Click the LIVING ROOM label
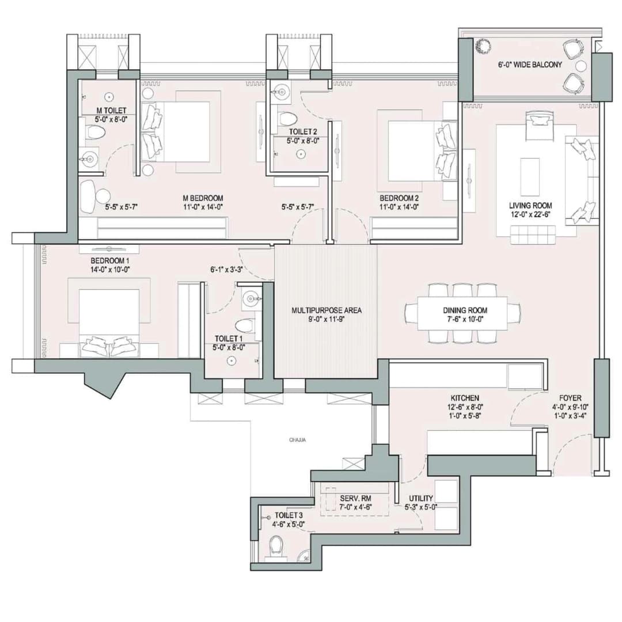(530, 205)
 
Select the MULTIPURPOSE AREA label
(326, 310)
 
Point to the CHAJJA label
(298, 440)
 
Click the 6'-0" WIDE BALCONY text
(530, 65)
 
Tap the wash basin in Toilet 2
(280, 90)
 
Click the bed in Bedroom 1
(109, 320)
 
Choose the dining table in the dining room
(462, 313)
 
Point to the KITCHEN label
(465, 398)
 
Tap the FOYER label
(570, 398)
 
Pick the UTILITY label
(421, 498)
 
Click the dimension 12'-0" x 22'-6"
(530, 215)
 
